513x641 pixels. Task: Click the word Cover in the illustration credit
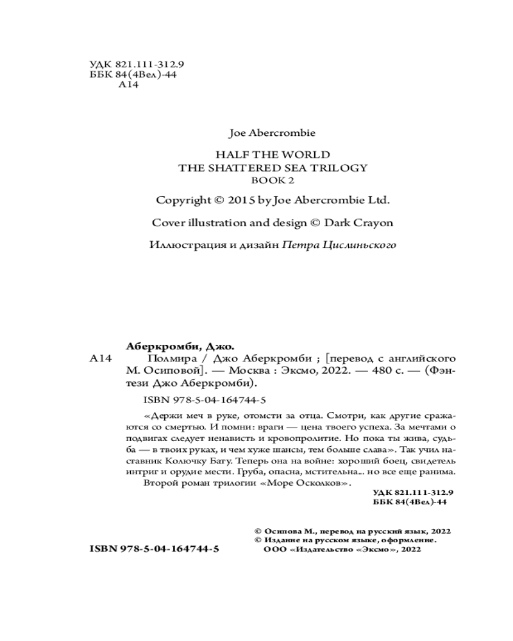pyautogui.click(x=167, y=222)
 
